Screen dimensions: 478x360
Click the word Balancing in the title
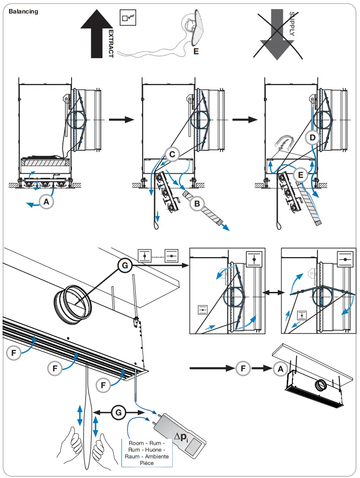click(x=23, y=12)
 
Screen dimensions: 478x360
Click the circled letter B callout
click(x=197, y=204)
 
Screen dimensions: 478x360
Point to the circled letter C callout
click(x=172, y=154)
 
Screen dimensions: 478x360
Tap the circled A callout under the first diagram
click(x=46, y=201)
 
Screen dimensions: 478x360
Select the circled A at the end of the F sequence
click(x=280, y=368)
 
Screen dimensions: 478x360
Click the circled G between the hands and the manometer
click(x=118, y=412)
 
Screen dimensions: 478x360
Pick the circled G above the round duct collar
click(x=125, y=266)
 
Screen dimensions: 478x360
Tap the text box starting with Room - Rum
click(x=147, y=453)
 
